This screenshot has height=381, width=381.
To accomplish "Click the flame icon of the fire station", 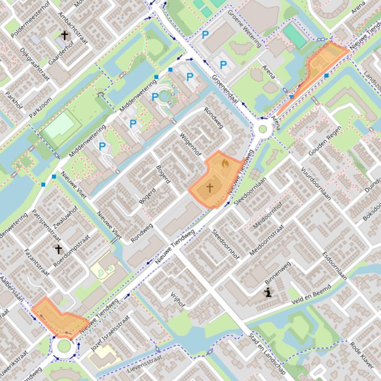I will coord(225,163).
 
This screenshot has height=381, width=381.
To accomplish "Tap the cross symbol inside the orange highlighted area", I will coord(210,188).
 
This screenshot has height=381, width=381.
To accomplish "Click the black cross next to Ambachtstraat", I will coord(64,35).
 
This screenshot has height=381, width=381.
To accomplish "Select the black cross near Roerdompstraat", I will coord(58,249).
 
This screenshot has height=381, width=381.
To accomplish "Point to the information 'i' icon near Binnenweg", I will coord(268,292).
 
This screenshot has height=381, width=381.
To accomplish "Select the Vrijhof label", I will coord(177,300).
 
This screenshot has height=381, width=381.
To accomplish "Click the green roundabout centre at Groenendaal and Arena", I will coord(262,130).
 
